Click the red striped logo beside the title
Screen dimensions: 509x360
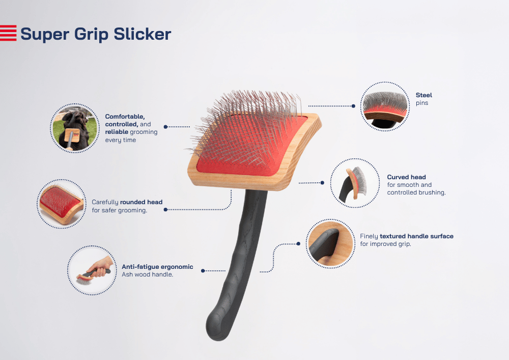[8, 33]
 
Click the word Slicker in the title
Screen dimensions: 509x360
[142, 34]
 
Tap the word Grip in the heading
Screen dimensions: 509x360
[91, 35]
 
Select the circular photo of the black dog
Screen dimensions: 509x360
[75, 128]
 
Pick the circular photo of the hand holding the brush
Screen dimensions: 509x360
[92, 270]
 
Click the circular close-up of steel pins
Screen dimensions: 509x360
[385, 106]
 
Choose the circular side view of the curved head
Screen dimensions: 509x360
[355, 183]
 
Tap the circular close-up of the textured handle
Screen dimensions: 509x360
[330, 244]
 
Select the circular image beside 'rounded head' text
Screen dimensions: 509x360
[62, 204]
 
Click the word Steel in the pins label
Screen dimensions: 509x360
[423, 95]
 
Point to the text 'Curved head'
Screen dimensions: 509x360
[406, 177]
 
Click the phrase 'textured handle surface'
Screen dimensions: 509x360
[416, 236]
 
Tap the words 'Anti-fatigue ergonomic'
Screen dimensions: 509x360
[157, 267]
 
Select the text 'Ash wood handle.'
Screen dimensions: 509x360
[148, 274]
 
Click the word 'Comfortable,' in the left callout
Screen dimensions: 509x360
[125, 117]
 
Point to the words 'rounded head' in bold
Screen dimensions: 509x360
[141, 202]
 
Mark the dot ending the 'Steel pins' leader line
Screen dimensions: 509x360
[354, 106]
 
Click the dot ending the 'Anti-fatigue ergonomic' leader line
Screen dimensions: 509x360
[203, 271]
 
